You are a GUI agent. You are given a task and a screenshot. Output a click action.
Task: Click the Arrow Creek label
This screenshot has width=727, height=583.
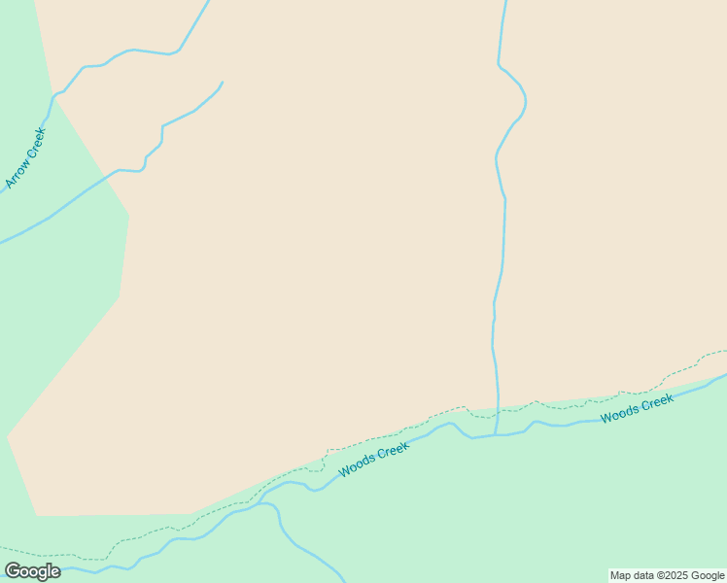[25, 157]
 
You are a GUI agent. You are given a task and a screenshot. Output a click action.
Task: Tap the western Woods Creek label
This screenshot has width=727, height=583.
[374, 459]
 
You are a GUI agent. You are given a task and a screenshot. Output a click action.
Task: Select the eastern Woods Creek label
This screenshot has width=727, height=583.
[637, 408]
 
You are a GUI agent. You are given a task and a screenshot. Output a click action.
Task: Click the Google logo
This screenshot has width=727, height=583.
[32, 571]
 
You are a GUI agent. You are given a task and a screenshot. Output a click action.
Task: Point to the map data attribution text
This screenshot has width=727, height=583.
[668, 575]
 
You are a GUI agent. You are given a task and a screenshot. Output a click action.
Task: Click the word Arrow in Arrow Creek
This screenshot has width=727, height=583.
[17, 173]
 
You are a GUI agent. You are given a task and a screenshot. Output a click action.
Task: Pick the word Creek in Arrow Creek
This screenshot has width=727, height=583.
[35, 142]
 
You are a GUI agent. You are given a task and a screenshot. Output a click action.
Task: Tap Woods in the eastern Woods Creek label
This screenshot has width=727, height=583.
[619, 414]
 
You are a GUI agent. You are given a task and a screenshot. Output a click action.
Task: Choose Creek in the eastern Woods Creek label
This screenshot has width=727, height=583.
[657, 401]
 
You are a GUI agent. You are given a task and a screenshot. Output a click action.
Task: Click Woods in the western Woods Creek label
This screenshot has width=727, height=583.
[357, 466]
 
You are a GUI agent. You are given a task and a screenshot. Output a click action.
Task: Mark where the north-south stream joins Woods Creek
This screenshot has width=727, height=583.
[496, 434]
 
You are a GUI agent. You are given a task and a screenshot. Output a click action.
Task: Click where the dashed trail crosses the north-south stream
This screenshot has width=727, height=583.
[499, 411]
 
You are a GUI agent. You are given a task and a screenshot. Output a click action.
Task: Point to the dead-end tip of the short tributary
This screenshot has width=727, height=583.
[223, 83]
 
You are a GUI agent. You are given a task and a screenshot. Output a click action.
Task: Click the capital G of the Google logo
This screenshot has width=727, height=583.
[14, 571]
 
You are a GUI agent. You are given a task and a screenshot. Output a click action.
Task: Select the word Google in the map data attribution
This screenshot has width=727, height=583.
[709, 575]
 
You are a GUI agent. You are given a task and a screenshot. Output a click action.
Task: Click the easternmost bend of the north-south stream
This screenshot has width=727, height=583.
[526, 100]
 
